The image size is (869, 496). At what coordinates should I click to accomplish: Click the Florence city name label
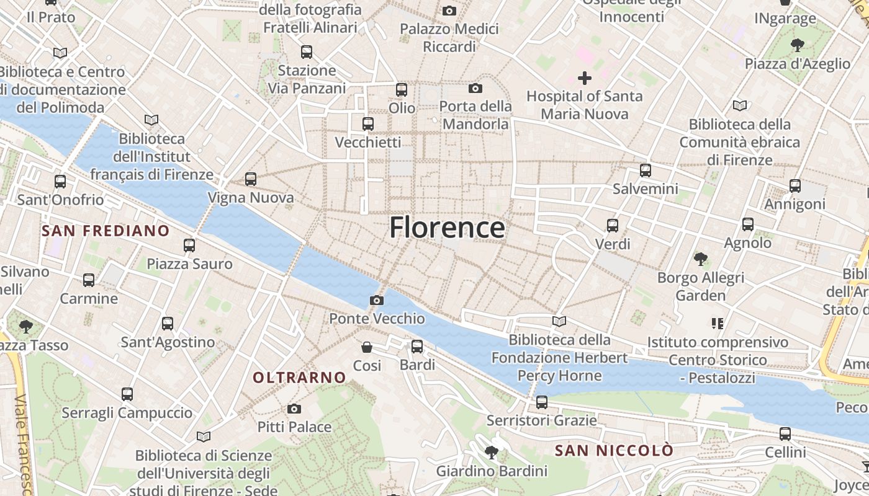[x=447, y=228]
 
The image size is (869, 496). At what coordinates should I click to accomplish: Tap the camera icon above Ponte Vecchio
[x=376, y=301]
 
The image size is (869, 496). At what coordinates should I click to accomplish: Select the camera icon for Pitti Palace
[x=294, y=409]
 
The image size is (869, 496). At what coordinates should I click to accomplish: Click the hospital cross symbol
[x=584, y=78]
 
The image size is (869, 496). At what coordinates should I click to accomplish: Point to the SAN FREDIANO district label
[x=106, y=231]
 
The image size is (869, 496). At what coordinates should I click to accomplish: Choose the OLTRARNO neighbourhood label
[x=299, y=377]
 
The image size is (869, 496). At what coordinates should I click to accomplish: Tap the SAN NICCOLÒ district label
[x=614, y=450]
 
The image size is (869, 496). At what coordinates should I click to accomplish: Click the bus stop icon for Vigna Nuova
[x=251, y=179]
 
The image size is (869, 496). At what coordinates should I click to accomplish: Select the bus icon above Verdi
[x=613, y=226]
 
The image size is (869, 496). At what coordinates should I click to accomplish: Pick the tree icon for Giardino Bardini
[x=492, y=452]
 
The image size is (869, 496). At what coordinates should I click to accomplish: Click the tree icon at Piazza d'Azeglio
[x=798, y=45]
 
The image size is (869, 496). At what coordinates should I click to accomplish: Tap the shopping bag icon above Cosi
[x=367, y=347]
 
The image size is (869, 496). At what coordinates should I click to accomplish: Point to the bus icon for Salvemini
[x=646, y=170]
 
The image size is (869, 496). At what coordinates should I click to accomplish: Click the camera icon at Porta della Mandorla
[x=475, y=88]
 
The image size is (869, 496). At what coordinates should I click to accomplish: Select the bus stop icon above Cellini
[x=785, y=434]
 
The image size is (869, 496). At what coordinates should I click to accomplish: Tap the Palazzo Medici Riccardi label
[x=449, y=38]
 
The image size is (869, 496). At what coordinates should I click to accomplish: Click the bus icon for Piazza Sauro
[x=189, y=246]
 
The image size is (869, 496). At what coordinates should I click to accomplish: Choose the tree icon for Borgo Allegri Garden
[x=701, y=259]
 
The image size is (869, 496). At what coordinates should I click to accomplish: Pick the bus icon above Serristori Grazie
[x=542, y=402]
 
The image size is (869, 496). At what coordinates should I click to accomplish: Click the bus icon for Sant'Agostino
[x=168, y=323]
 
